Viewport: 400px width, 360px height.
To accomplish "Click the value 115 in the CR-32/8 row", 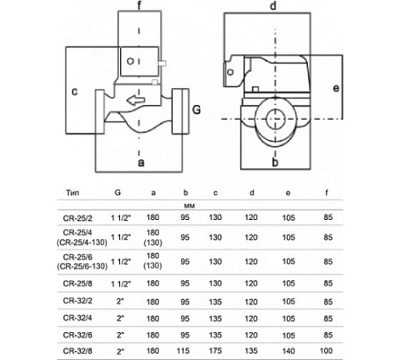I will pyautogui.click(x=184, y=350).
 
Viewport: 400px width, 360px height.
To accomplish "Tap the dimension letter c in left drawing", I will pyautogui.click(x=74, y=91).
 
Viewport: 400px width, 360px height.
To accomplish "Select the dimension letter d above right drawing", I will pyautogui.click(x=273, y=8).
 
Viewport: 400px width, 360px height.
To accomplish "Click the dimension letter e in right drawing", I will pyautogui.click(x=336, y=86).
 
